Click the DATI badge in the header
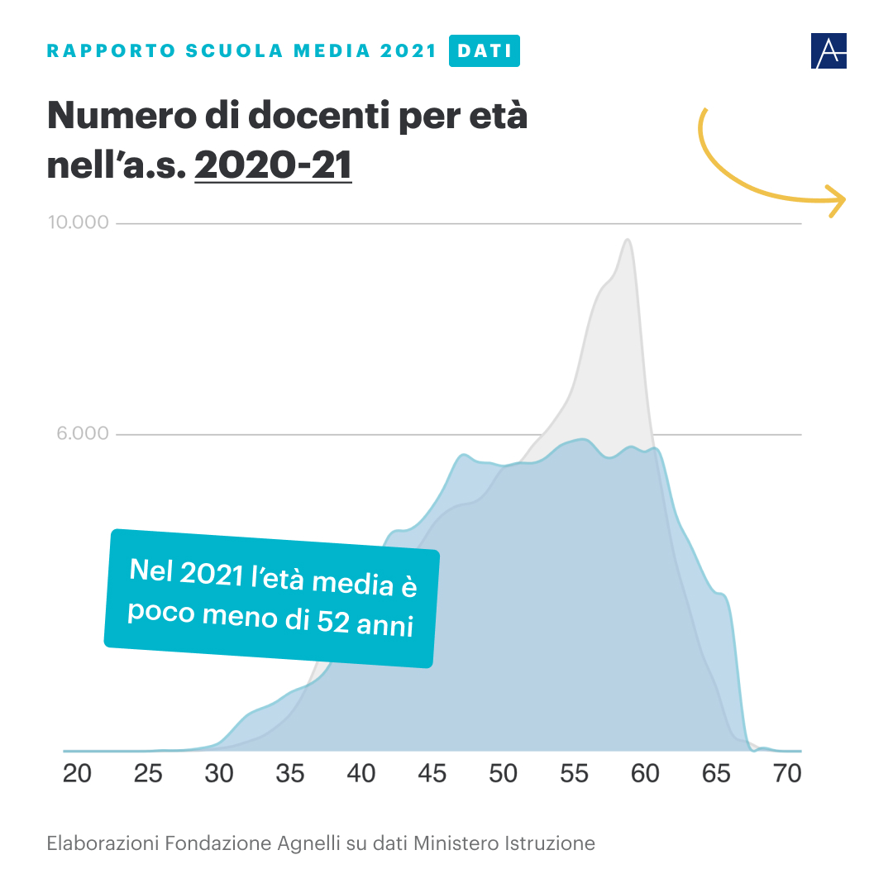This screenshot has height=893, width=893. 484,50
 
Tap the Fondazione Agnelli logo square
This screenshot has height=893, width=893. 829,51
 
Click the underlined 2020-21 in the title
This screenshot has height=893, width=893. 273,164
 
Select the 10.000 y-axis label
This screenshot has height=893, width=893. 78,222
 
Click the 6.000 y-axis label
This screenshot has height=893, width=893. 83,433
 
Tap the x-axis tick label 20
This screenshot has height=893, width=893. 77,775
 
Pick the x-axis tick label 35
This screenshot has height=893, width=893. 290,775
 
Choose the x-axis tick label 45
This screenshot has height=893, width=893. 432,775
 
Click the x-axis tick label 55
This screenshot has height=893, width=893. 575,775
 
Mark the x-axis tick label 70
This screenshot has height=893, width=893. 787,775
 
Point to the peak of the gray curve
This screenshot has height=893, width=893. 628,240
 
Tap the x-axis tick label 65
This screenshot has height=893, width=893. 716,775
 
